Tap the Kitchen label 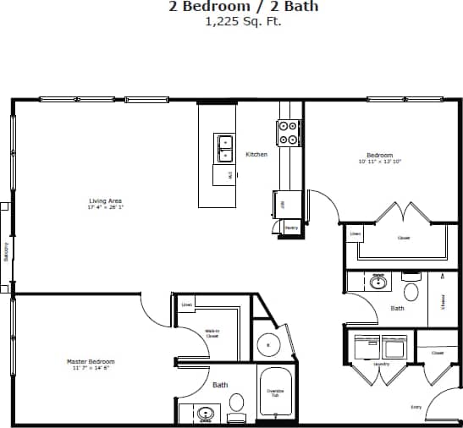coord(256,155)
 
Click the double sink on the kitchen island coord(225,148)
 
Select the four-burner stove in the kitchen coord(289,132)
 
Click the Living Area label coord(106,200)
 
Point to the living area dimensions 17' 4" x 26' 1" coord(106,206)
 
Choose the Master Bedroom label coord(91,361)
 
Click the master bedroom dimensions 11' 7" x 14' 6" coord(91,367)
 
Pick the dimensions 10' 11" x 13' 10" coord(379,161)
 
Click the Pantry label coord(290,228)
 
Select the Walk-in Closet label coord(212,333)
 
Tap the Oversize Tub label coord(275,392)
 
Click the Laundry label coord(380,364)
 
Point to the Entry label coord(416,408)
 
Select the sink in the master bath coord(205,414)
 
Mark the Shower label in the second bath coord(443,299)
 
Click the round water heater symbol coord(268,345)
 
